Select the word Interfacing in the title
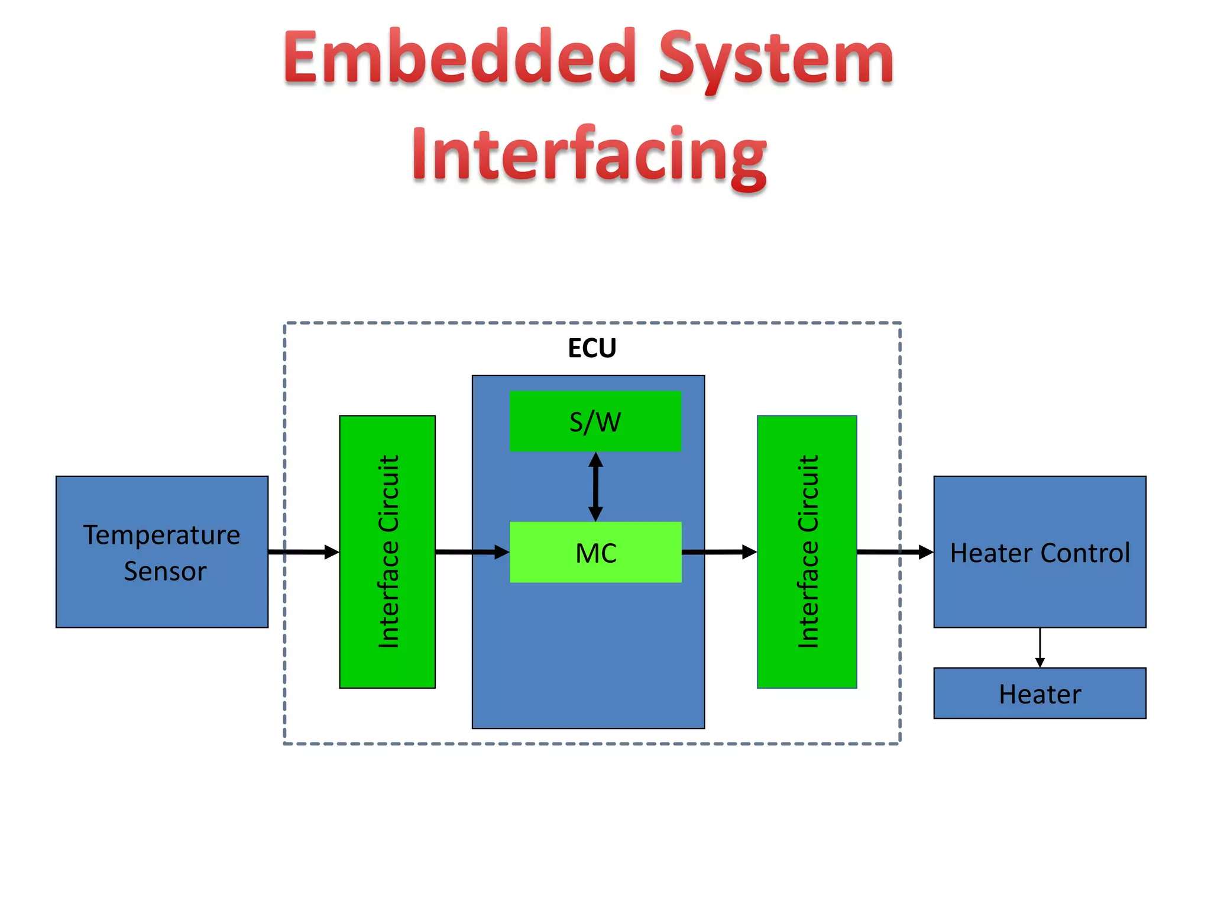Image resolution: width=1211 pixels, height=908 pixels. click(589, 155)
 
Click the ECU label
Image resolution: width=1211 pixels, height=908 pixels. click(592, 348)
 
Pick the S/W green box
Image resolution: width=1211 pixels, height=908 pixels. click(595, 421)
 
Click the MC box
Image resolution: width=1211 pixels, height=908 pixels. click(595, 553)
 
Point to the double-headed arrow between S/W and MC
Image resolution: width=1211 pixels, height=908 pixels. click(595, 487)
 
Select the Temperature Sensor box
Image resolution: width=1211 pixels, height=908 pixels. click(162, 552)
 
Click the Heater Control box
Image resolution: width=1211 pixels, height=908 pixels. click(1040, 552)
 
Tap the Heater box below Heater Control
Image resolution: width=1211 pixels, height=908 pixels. click(1040, 693)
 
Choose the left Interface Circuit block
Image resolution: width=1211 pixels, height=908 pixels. click(387, 552)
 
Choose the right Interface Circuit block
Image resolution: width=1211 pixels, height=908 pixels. click(807, 552)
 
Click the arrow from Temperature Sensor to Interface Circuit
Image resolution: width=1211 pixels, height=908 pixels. click(303, 552)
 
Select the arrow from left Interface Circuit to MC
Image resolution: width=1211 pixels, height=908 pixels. click(472, 552)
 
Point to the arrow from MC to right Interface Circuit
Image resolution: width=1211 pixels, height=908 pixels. click(719, 552)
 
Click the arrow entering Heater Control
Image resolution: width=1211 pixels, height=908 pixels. click(895, 552)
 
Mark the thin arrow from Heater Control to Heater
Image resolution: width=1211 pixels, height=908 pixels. click(1040, 647)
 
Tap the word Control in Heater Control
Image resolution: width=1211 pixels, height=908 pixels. click(1085, 553)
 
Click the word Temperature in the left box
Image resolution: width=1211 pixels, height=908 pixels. click(161, 536)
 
